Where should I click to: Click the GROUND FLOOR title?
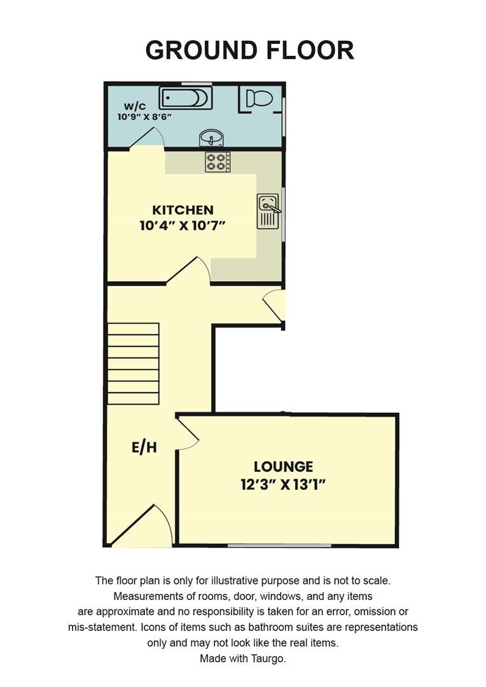tap(249, 50)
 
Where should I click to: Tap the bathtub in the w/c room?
tap(185, 99)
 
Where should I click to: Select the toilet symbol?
tap(258, 99)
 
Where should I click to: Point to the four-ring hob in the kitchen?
tap(218, 162)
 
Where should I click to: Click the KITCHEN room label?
tap(183, 210)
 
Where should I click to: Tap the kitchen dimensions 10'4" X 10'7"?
tap(183, 225)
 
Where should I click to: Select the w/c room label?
tap(134, 106)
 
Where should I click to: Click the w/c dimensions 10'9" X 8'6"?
tap(145, 117)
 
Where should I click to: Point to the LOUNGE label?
tap(283, 467)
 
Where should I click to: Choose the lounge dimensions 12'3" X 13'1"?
tap(283, 485)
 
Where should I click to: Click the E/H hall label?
tap(144, 448)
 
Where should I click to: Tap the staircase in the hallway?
tap(133, 364)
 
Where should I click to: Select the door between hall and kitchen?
tap(190, 270)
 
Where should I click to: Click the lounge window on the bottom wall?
tap(280, 545)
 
